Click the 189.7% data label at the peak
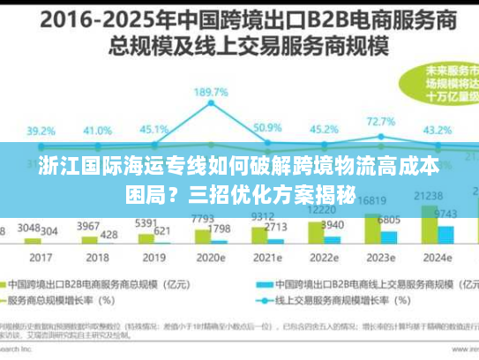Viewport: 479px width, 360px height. (x=212, y=92)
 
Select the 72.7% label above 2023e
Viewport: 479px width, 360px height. (x=381, y=122)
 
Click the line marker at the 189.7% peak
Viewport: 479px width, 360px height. (x=212, y=107)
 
